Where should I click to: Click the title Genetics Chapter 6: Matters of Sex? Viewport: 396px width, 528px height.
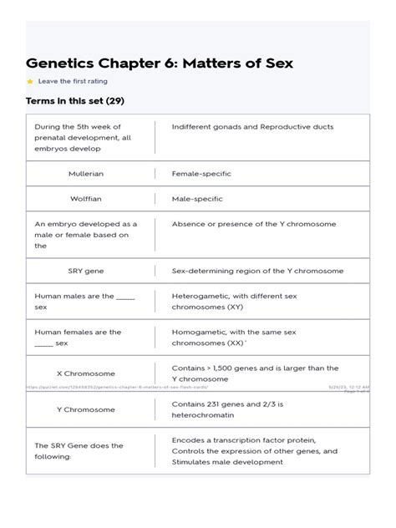[x=160, y=63]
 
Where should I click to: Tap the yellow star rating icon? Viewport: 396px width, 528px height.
[x=30, y=82]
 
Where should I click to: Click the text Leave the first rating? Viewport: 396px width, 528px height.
[x=73, y=82]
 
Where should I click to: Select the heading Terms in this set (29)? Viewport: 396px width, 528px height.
[x=75, y=101]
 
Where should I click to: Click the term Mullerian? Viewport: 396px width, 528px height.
[x=86, y=174]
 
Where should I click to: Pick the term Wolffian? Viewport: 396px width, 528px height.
[x=86, y=199]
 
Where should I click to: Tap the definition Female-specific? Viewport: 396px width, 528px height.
[x=201, y=174]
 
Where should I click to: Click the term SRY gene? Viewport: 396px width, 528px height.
[x=86, y=271]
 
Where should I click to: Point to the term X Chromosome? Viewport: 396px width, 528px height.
[x=86, y=373]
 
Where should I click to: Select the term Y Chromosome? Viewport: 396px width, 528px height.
[x=86, y=410]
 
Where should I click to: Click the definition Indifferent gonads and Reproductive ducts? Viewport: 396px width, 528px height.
[x=252, y=127]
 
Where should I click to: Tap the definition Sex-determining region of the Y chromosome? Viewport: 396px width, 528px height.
[x=257, y=271]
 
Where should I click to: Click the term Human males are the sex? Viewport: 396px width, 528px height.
[x=84, y=301]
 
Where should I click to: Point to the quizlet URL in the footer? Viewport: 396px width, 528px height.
[x=117, y=388]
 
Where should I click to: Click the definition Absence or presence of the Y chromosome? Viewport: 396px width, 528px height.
[x=254, y=224]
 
